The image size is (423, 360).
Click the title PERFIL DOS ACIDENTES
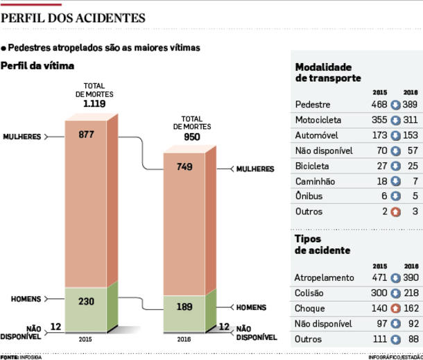(74, 18)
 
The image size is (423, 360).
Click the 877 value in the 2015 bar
(86, 135)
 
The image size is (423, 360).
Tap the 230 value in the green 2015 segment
(86, 302)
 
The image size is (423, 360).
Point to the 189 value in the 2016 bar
(184, 307)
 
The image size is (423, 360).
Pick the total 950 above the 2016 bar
(191, 137)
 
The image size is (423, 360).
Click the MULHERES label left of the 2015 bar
(22, 137)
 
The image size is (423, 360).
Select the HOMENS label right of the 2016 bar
(251, 307)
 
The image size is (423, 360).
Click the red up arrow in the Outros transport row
(396, 212)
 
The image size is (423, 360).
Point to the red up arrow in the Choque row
(396, 309)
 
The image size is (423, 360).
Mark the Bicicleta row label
(312, 166)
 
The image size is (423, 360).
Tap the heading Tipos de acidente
(322, 244)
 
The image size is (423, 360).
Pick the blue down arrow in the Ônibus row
(396, 196)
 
